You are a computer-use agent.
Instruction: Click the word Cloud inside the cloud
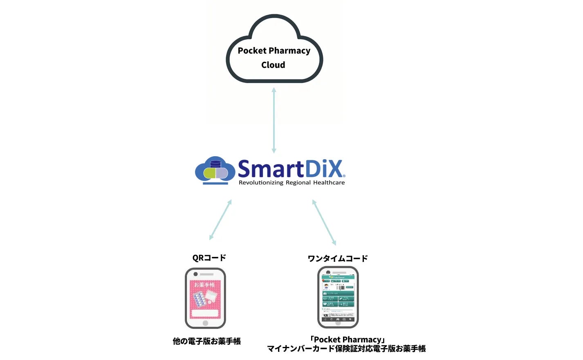[x=273, y=65]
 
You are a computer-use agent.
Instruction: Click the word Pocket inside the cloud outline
[x=252, y=51]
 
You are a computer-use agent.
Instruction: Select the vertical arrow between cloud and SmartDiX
[x=274, y=120]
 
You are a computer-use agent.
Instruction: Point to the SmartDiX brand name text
[x=291, y=169]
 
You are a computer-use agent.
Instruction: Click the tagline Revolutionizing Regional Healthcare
[x=291, y=183]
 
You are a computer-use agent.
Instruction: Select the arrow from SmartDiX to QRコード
[x=220, y=220]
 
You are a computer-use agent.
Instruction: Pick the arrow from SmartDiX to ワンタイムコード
[x=324, y=222]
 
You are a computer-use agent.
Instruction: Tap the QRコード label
[x=209, y=258]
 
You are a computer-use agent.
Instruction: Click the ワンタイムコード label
[x=338, y=259]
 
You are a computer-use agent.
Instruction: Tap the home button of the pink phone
[x=205, y=323]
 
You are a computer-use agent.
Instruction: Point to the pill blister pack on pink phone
[x=199, y=299]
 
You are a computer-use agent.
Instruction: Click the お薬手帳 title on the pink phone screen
[x=204, y=285]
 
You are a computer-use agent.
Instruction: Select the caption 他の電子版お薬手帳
[x=206, y=341]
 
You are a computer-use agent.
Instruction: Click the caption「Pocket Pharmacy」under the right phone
[x=348, y=340]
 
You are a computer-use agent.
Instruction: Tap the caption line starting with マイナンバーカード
[x=346, y=349]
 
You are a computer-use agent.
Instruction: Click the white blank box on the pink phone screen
[x=205, y=313]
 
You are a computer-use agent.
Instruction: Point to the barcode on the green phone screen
[x=340, y=287]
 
